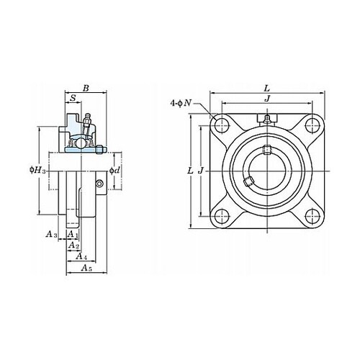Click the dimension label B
86,88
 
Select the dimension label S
73,98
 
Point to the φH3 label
37,171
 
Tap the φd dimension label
114,171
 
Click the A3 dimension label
51,234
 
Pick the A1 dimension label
73,234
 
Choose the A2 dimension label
73,246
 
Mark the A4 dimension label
81,256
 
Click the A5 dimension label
86,268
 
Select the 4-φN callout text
181,103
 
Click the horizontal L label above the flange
267,89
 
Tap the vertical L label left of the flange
190,171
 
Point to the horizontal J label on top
267,99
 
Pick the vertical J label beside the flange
201,171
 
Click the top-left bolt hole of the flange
222,125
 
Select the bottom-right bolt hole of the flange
312,216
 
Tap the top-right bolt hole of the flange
312,125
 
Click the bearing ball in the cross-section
80,143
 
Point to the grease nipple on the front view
267,120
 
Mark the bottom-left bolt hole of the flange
222,216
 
